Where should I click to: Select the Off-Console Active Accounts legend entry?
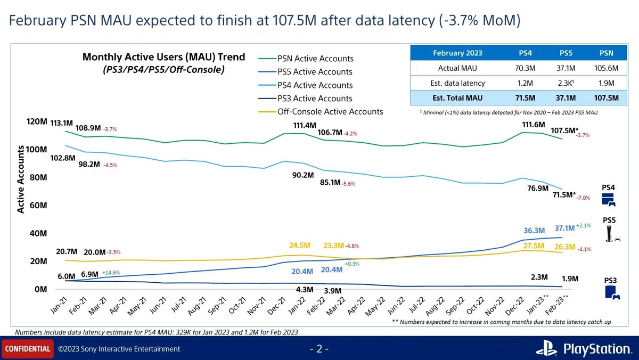pyautogui.click(x=330, y=112)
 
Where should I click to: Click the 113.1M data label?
pyautogui.click(x=61, y=122)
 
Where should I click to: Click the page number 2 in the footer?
pyautogui.click(x=319, y=349)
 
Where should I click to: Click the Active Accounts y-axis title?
pyautogui.click(x=21, y=181)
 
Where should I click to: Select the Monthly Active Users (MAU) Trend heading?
pyautogui.click(x=163, y=57)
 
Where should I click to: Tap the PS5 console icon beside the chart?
pyautogui.click(x=611, y=233)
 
